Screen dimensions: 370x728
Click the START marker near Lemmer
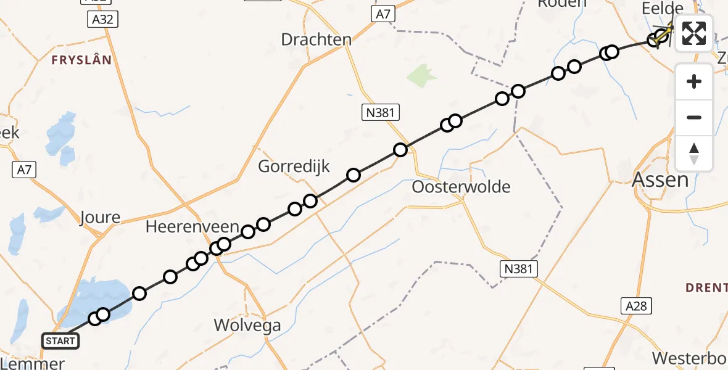[60, 340]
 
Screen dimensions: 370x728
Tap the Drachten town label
[316, 39]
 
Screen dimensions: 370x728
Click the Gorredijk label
[294, 166]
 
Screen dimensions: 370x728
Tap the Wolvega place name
[247, 325]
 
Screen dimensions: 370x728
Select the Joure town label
[100, 217]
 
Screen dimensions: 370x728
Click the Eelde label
[663, 9]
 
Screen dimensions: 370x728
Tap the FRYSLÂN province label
[82, 60]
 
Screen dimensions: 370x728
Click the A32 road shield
[102, 20]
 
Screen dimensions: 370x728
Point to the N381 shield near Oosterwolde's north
[381, 112]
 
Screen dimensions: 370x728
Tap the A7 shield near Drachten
[383, 14]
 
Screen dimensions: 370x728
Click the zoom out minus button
[694, 117]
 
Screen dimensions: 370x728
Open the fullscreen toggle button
[694, 33]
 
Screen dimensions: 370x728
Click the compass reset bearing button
[694, 153]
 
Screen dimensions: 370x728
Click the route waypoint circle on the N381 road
[400, 149]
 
